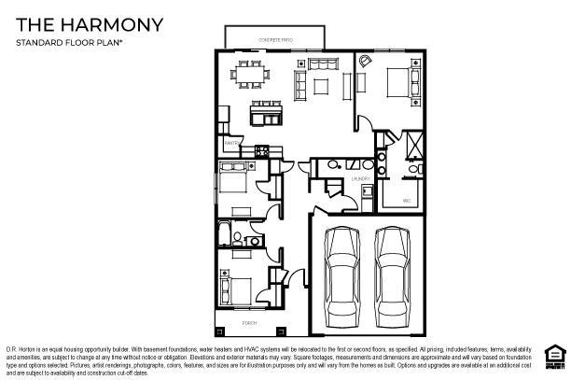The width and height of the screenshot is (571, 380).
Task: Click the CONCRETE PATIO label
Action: pos(274,39)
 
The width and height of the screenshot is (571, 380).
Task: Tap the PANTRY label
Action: pos(230,143)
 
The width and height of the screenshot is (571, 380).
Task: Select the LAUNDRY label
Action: pos(361,177)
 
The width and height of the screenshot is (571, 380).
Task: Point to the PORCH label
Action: pos(250,323)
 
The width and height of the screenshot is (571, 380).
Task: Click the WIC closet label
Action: pos(407,201)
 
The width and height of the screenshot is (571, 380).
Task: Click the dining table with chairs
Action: pos(249,75)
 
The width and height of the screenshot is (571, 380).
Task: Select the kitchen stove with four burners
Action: pos(262,149)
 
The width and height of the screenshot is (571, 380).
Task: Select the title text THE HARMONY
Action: pos(90,23)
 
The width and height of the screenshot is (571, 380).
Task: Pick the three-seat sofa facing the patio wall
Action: pos(325,63)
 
